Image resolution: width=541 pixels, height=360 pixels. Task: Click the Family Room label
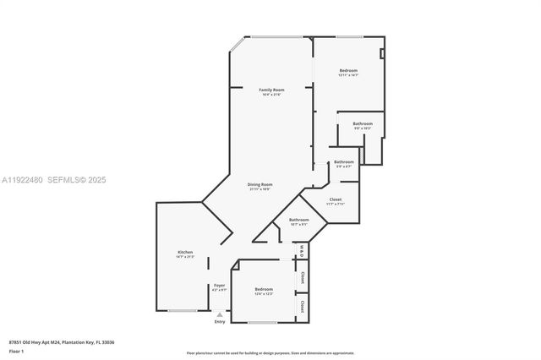[x=271, y=90]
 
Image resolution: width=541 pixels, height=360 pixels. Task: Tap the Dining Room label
[x=260, y=184]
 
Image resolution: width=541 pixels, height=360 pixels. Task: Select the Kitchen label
[x=185, y=252]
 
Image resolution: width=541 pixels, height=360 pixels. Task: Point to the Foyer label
[x=219, y=285]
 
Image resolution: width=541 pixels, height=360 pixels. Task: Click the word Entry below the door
[x=220, y=321]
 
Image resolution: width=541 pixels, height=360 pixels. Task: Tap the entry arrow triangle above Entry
[x=220, y=314]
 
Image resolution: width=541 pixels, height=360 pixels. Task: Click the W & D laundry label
[x=302, y=250]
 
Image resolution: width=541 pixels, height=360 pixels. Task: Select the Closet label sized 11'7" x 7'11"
[x=336, y=199]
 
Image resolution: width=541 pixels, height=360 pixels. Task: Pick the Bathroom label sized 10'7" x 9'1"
[x=299, y=220]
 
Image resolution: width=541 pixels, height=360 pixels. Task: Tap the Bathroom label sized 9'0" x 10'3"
[x=363, y=124]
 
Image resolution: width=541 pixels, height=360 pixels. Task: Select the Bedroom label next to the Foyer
[x=264, y=289]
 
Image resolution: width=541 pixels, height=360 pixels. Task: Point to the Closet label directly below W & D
[x=302, y=275]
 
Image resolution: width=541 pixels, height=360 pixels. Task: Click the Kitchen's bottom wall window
[x=182, y=311]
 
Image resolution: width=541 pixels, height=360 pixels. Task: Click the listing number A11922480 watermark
[x=23, y=180]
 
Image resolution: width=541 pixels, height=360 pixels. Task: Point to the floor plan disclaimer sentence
[x=270, y=352]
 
